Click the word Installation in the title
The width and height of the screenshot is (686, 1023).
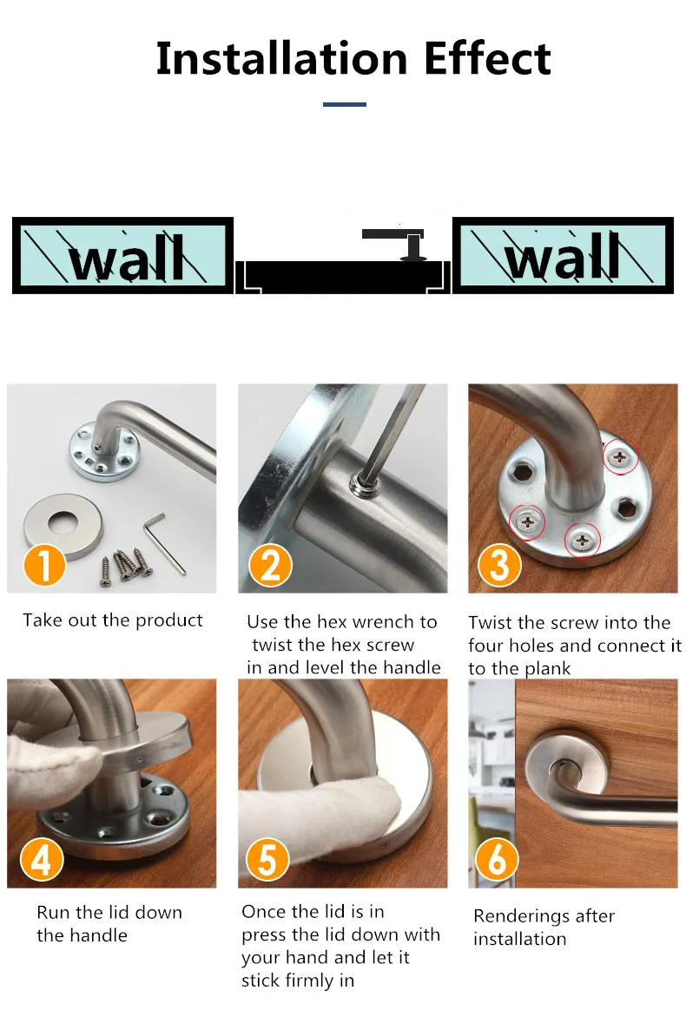click(x=282, y=59)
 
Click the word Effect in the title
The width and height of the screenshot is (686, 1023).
click(x=487, y=59)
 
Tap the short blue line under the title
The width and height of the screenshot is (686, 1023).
click(x=344, y=104)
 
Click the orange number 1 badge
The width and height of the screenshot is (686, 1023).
click(x=44, y=565)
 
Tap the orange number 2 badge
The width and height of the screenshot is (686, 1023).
click(x=269, y=565)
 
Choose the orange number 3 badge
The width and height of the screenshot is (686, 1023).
click(x=499, y=565)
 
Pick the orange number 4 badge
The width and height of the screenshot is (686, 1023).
click(x=42, y=859)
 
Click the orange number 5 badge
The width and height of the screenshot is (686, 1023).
click(x=267, y=859)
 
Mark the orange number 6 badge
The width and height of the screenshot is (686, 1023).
click(x=497, y=859)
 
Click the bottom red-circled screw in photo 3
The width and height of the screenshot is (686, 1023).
click(x=582, y=541)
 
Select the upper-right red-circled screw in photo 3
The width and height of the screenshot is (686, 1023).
click(x=619, y=457)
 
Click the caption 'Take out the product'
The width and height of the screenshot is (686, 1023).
click(x=113, y=620)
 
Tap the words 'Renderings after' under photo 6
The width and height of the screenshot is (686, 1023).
click(x=544, y=916)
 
